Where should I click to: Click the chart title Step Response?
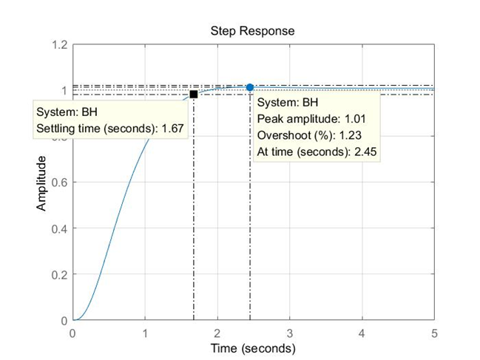pos(252,31)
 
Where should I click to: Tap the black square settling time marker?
pos(194,94)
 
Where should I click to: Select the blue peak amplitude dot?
pos(250,87)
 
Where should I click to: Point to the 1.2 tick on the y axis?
pos(59,45)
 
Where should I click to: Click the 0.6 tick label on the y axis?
pos(59,183)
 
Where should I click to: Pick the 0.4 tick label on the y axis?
pos(59,228)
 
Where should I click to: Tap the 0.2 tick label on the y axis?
pos(59,274)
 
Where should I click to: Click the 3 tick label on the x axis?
pos(290,333)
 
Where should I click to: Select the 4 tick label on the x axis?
pos(362,333)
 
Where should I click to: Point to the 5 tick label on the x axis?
pos(435,333)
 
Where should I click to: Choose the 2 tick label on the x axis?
pos(217,333)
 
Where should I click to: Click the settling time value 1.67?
pos(170,129)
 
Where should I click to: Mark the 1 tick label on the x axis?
pos(145,333)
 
